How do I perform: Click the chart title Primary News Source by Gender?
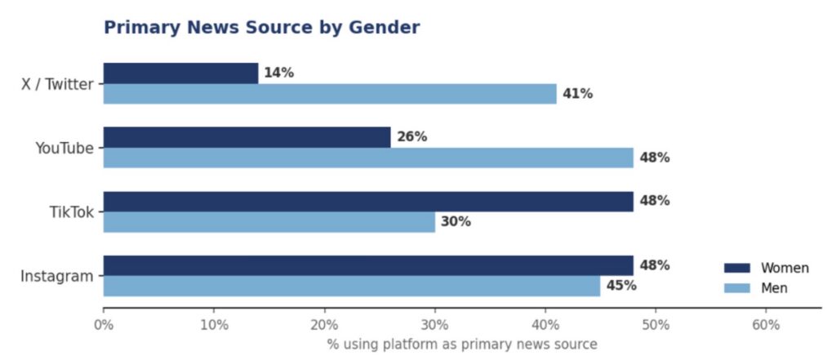(x=261, y=28)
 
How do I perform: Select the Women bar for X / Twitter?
(x=180, y=73)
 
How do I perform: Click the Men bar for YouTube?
(x=368, y=158)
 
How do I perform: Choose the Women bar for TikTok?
(x=368, y=202)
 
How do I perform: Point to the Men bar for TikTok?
(x=269, y=222)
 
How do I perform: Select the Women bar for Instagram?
(x=368, y=265)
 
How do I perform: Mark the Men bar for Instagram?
(x=352, y=287)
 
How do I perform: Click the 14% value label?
(x=278, y=73)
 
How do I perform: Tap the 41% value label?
(x=577, y=94)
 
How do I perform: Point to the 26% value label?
(x=411, y=137)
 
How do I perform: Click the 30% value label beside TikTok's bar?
(x=456, y=222)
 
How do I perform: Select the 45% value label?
(x=621, y=286)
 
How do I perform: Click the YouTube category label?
(x=64, y=148)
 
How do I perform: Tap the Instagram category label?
(x=57, y=277)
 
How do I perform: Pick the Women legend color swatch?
(x=736, y=269)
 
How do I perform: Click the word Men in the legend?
(x=773, y=289)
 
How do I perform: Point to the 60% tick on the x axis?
(x=766, y=325)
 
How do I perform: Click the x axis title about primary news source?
(x=462, y=344)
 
